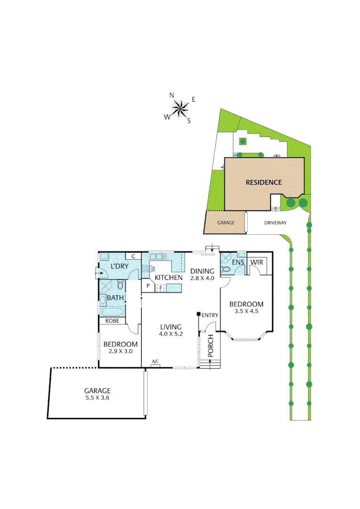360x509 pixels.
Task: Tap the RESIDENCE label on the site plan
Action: point(263,182)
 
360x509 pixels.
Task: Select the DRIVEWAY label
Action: point(276,223)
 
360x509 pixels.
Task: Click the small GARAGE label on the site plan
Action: point(226,223)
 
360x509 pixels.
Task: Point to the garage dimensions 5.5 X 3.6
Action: point(97,397)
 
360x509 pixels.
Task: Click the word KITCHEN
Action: point(169,278)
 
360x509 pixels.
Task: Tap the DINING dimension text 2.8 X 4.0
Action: point(202,278)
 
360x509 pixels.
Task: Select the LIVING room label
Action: point(171,327)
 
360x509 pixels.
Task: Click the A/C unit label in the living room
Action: point(155,362)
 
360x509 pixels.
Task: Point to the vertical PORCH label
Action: point(211,345)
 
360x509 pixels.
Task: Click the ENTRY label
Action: point(210,315)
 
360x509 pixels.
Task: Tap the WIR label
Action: point(256,262)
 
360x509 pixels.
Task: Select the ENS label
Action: point(238,262)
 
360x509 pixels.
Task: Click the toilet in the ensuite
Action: point(226,270)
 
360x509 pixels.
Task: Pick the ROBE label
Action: point(112,320)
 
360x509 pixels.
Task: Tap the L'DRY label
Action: point(120,266)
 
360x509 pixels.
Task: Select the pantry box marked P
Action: point(148,286)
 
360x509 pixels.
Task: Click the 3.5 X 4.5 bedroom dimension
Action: point(246,311)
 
